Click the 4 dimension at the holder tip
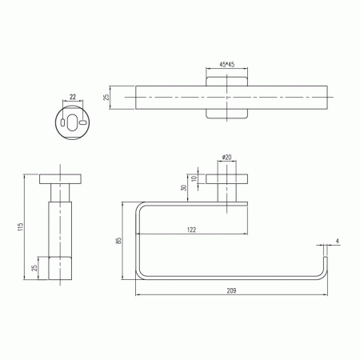(x=338, y=241)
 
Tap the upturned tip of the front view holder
(x=326, y=264)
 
